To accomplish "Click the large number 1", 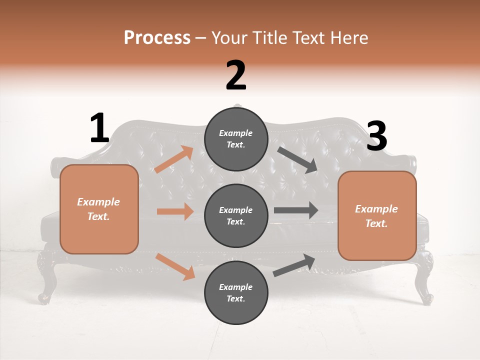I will coord(99,128).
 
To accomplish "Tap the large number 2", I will coord(236,75).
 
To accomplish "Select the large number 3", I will coord(376,136).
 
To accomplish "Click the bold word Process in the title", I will coord(157,37).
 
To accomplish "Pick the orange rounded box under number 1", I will coord(99,209).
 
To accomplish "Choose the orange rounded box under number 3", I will coord(377,216).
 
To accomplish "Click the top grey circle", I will coord(236,138).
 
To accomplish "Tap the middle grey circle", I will coord(236,215).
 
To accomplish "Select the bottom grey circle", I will coord(236,292).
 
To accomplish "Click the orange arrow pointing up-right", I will coord(174,159).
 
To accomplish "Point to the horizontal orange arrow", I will coord(175,211).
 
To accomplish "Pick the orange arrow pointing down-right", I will coord(175,266).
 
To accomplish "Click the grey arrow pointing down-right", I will coord(297,159).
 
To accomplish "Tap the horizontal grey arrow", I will coord(296,210).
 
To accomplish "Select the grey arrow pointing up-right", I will coord(294,265).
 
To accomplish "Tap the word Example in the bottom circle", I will coord(236,287).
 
